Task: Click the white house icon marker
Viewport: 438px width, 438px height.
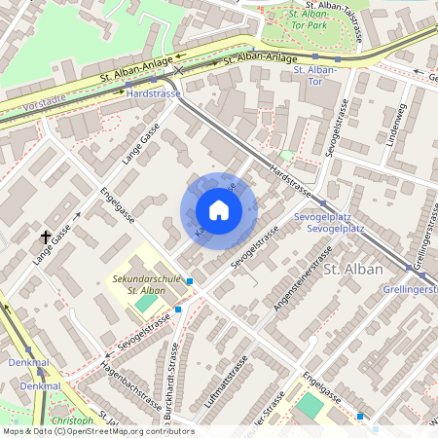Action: coord(219,210)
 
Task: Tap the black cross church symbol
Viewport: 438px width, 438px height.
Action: coord(45,237)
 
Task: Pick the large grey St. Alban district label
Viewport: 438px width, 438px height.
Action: coord(352,269)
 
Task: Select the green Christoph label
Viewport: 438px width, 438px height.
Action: coord(72,420)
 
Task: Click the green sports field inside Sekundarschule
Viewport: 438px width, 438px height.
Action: coord(144,304)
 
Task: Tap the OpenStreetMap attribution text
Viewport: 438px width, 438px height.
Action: coord(97,430)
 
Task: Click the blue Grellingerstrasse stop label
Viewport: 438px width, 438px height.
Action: coord(409,289)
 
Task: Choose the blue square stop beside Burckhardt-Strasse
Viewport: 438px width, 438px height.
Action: coord(177,310)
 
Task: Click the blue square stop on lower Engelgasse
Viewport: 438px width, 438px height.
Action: coord(360,417)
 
